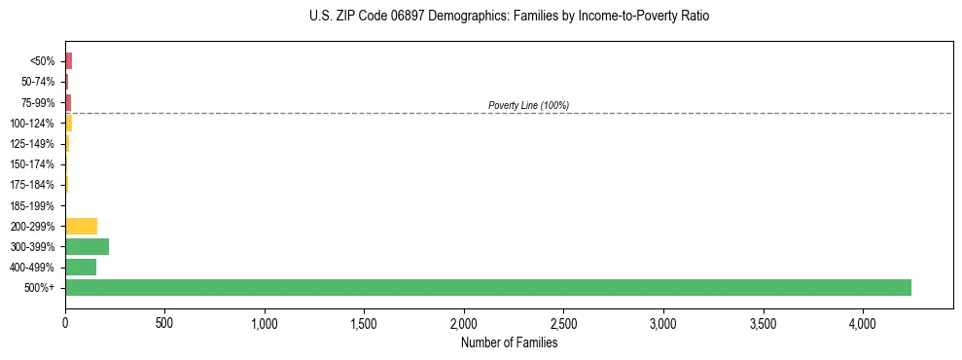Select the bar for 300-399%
click(87, 246)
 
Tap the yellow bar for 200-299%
click(81, 226)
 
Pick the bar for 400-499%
click(81, 267)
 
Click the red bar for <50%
click(68, 61)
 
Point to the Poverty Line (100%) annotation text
click(528, 105)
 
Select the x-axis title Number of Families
click(509, 342)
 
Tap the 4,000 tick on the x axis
click(863, 322)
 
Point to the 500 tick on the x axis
click(164, 322)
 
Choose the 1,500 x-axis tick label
click(364, 322)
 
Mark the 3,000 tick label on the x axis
click(663, 322)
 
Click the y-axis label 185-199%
click(32, 205)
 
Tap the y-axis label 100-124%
click(32, 123)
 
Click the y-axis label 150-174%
click(32, 164)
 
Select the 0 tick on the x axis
click(65, 322)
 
